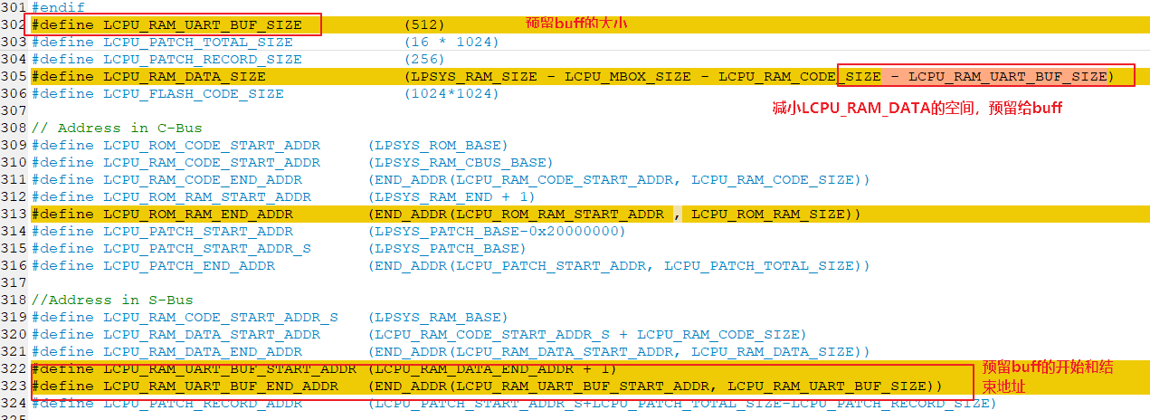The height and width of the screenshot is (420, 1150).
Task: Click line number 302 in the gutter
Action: [x=14, y=24]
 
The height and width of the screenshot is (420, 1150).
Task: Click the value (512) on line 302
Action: [x=424, y=24]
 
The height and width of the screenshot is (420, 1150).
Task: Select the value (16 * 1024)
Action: [x=451, y=43]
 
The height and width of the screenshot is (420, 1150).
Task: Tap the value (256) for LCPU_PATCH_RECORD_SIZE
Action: [x=424, y=59]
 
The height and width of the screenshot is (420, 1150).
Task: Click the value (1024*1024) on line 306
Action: [x=451, y=94]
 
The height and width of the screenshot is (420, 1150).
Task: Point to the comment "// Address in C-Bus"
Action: [x=117, y=128]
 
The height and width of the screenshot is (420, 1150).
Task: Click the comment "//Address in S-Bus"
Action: [x=112, y=300]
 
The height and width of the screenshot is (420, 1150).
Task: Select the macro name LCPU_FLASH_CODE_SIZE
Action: [x=194, y=94]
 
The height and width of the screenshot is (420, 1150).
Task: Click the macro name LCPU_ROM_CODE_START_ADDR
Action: [x=212, y=146]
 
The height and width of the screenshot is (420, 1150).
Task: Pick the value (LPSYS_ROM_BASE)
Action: [x=438, y=146]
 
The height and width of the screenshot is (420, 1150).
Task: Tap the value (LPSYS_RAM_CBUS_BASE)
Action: [x=461, y=163]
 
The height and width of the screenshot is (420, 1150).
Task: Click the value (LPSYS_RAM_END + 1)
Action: [x=451, y=196]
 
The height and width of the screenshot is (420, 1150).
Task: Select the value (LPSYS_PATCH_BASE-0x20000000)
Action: [x=497, y=231]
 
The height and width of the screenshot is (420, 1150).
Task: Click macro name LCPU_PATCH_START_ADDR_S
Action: [x=207, y=249]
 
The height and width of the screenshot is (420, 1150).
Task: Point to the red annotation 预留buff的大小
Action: [x=576, y=24]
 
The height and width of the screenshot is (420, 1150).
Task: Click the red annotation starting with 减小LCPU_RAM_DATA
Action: [x=917, y=108]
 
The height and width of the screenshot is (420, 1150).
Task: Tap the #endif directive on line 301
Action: [x=59, y=7]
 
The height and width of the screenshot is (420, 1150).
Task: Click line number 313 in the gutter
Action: [x=14, y=214]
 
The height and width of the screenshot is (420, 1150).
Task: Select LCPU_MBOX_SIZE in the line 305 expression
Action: [x=627, y=77]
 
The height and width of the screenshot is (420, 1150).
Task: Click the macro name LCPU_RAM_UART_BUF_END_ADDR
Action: [x=221, y=387]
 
